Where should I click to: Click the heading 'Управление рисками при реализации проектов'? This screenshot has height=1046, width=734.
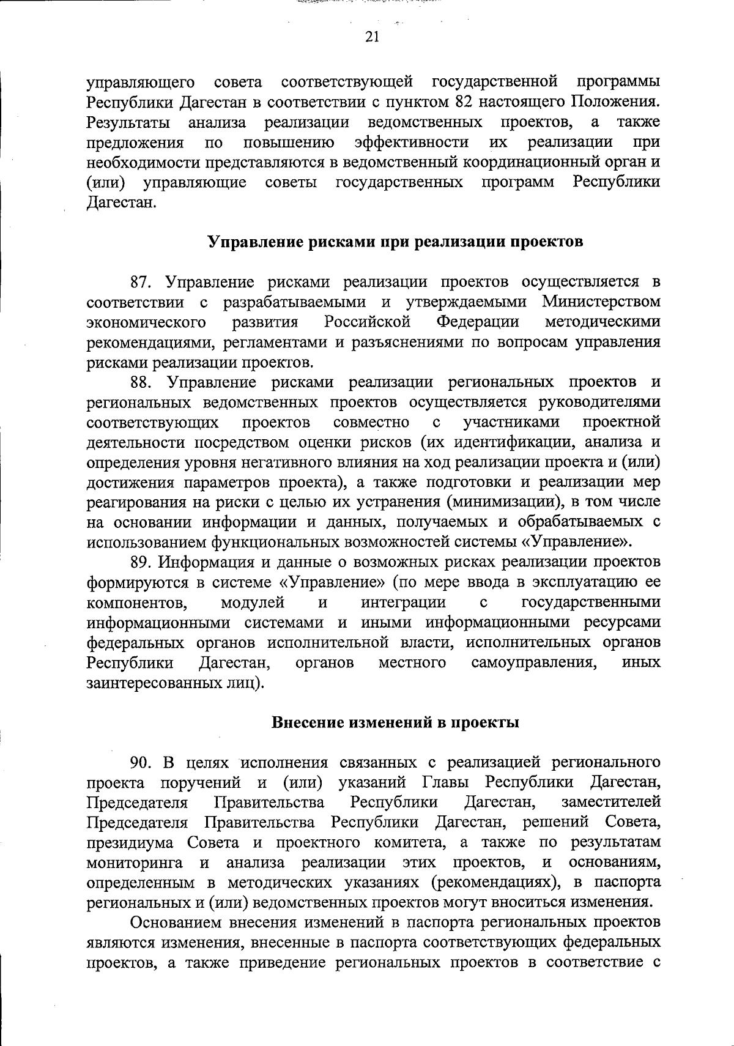click(396, 242)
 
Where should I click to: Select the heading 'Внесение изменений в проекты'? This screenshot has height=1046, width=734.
click(395, 722)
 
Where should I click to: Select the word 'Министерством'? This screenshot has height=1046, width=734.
click(601, 302)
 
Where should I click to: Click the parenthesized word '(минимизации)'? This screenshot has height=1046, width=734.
click(503, 503)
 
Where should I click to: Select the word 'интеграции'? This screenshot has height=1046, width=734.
click(404, 603)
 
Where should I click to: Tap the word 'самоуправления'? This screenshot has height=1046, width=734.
click(534, 663)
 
